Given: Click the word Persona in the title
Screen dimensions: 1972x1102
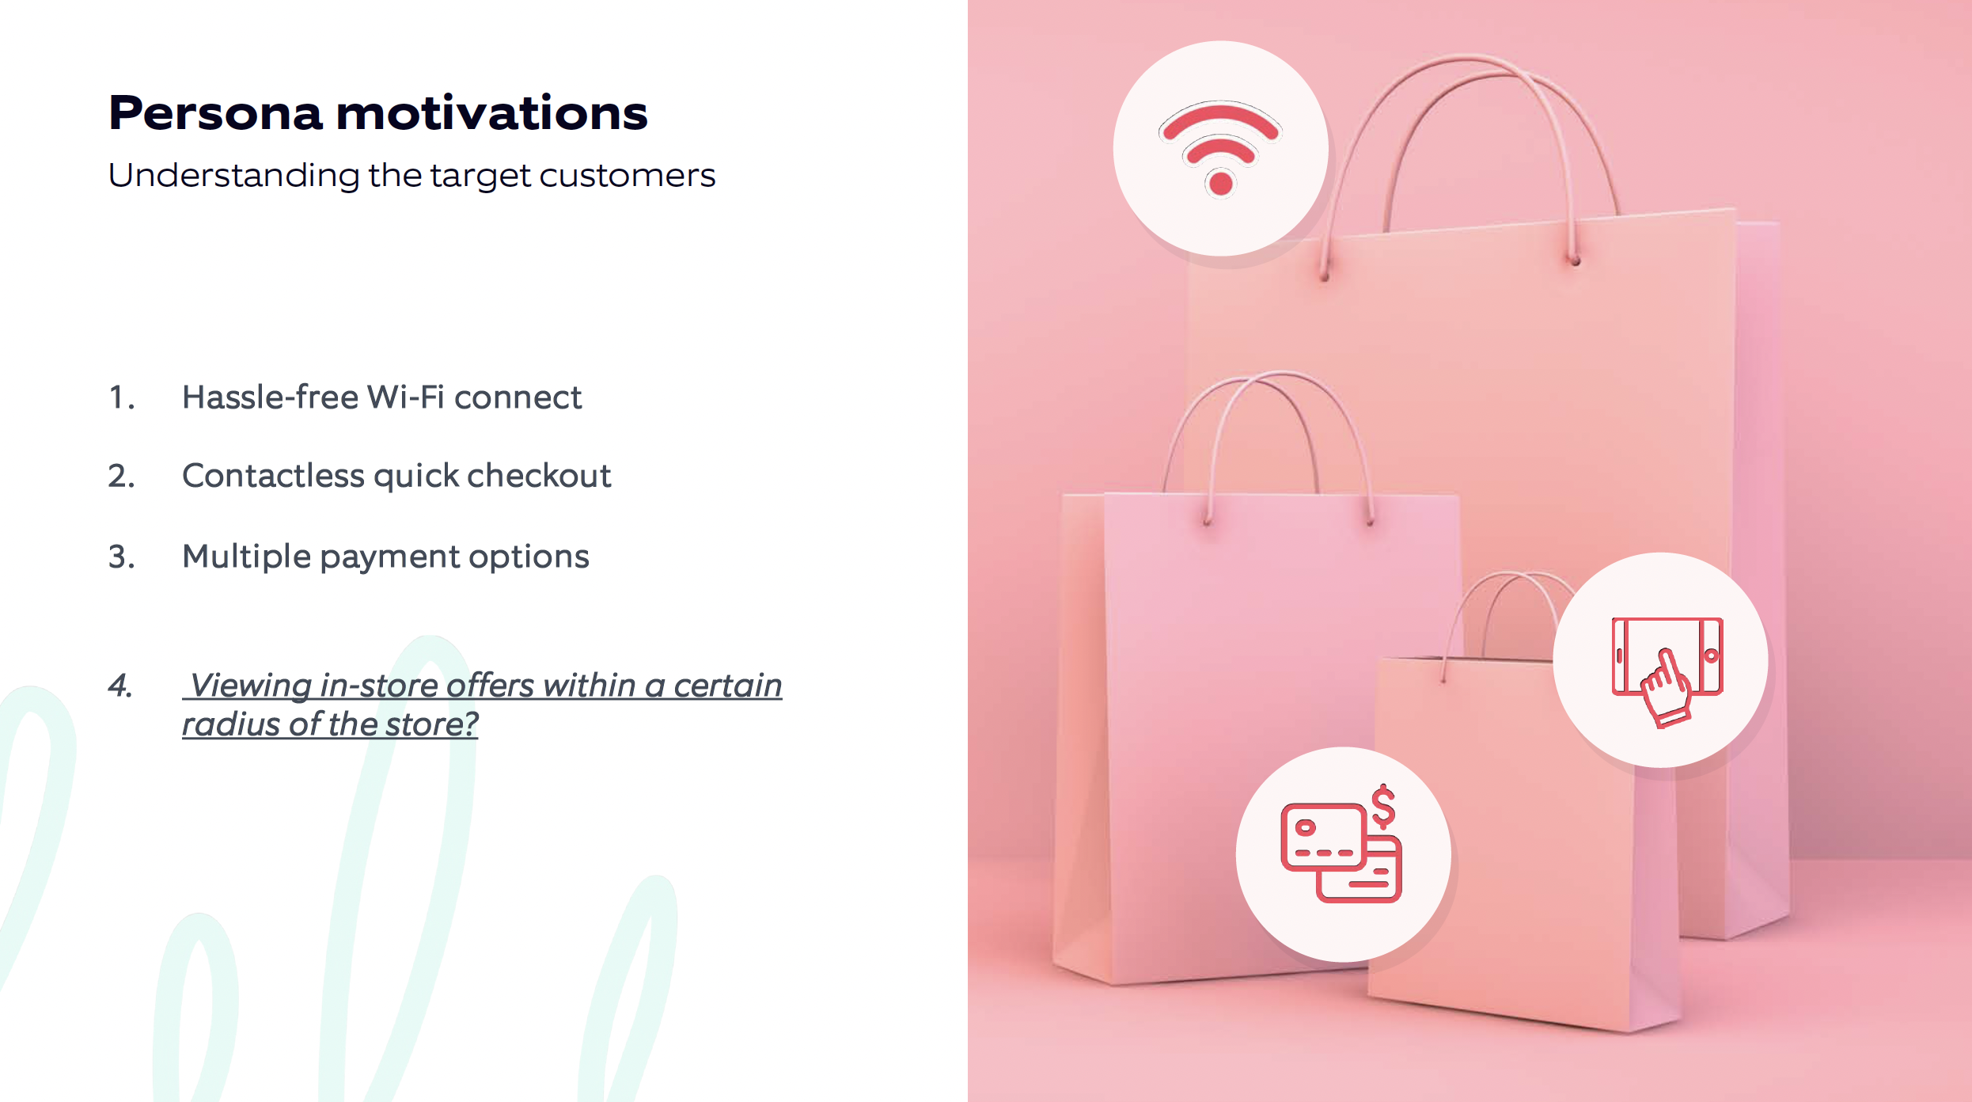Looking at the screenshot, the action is coord(216,112).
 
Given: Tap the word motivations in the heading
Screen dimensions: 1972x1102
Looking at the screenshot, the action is coord(491,112).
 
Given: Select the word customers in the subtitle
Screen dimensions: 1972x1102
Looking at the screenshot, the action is coord(627,175).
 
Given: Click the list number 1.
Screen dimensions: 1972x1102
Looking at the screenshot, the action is coord(121,397).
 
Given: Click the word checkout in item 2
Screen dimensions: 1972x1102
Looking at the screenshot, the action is coord(539,476).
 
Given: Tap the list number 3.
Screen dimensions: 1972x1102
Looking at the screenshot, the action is coord(121,557).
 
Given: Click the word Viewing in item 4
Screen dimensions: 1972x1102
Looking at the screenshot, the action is coord(251,686).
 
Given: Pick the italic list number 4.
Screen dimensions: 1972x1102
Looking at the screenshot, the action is coord(120,686).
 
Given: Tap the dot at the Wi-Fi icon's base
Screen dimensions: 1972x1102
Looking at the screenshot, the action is coord(1221,184).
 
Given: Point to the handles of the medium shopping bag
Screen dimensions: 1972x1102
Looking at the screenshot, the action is coord(1266,443).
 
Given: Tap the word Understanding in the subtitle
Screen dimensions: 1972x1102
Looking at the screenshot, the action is coord(234,176).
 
